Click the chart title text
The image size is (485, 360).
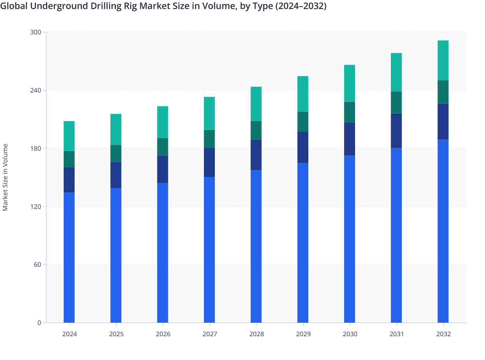point(163,6)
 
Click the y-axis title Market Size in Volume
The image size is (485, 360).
point(5,177)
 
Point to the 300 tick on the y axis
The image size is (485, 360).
point(36,32)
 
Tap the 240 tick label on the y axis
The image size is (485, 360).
point(36,90)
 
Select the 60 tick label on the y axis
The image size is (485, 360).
point(37,265)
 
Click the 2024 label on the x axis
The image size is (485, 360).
point(69,334)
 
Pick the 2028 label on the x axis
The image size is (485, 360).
point(256,334)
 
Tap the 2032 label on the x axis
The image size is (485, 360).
point(443,334)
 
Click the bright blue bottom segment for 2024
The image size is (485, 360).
point(69,257)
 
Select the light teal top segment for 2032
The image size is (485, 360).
point(443,60)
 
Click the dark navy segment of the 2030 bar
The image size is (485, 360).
point(350,139)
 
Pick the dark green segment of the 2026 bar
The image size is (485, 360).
point(162,147)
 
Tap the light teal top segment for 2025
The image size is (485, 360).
point(116,129)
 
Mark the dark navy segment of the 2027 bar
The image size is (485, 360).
point(209,162)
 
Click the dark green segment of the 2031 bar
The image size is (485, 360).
point(396,103)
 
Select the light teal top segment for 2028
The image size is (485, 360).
point(256,104)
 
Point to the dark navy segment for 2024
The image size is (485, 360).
point(69,180)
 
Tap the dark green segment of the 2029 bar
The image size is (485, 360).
point(303,122)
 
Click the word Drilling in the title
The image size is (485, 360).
point(106,6)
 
